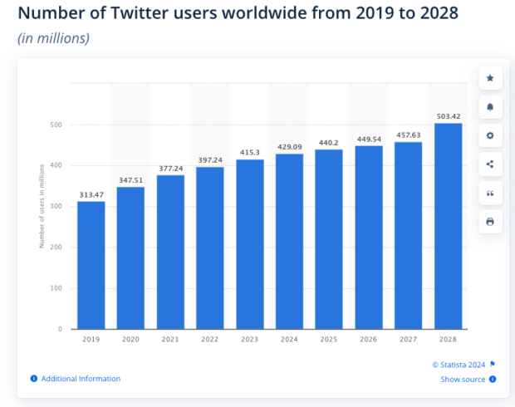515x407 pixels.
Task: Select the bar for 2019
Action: pos(91,265)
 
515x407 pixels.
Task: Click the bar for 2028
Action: pos(447,226)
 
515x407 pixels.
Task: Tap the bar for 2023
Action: pos(249,244)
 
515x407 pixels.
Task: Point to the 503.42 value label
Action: pos(447,115)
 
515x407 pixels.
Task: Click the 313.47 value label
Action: pos(91,194)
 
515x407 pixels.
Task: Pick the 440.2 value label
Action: pos(328,142)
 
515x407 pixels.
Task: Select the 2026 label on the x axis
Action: pos(368,339)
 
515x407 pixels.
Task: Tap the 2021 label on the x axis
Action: pos(169,339)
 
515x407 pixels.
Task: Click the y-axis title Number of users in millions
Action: pos(41,207)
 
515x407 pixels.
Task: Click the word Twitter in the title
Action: pos(146,15)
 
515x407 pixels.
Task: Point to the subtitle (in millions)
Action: pos(53,38)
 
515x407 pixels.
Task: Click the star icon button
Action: pos(490,78)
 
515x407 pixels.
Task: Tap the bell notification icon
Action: pos(490,107)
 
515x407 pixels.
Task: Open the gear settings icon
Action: pos(490,135)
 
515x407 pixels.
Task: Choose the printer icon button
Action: pos(490,222)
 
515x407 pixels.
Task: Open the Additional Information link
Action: pos(81,379)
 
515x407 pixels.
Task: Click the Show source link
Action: pos(463,380)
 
